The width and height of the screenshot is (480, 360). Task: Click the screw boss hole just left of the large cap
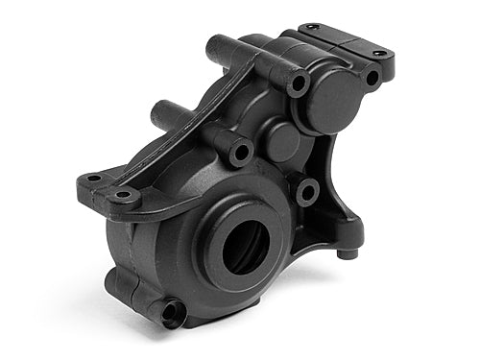(299, 84)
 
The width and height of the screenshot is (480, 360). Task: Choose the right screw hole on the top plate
(377, 52)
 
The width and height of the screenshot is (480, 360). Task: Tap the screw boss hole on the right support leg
(306, 191)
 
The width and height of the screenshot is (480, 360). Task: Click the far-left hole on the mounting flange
(92, 178)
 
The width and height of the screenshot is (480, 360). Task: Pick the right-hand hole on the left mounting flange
(123, 198)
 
